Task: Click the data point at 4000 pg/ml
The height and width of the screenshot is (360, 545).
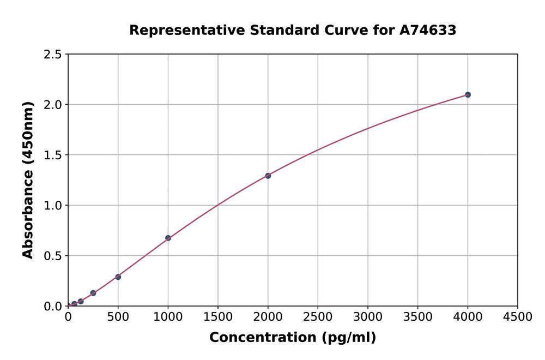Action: tap(468, 95)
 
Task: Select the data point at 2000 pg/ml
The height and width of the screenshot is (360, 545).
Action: tap(268, 176)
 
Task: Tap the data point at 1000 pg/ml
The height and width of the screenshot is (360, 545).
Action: tap(168, 238)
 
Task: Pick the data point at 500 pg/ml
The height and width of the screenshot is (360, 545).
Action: tap(118, 277)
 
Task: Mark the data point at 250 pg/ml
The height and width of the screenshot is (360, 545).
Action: tap(93, 293)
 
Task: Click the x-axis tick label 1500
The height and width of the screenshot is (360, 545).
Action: tap(218, 317)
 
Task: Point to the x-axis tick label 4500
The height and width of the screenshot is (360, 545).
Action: tap(517, 317)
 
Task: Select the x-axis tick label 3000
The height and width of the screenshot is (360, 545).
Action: tap(368, 317)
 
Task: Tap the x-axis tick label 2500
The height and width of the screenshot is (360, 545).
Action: tap(318, 317)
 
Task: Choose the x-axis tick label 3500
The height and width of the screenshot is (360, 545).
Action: tap(417, 317)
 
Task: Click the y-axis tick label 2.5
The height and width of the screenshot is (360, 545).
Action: tap(53, 55)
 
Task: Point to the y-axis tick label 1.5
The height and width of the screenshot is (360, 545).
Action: tap(53, 155)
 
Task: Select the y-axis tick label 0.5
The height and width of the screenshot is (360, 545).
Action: tap(53, 256)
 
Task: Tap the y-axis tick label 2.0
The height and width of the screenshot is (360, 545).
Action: tap(53, 105)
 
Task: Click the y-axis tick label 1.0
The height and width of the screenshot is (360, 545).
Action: tap(53, 206)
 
